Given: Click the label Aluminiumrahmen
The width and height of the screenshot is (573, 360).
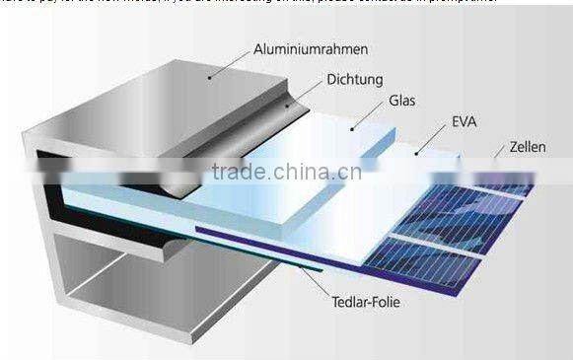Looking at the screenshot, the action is click(x=296, y=47).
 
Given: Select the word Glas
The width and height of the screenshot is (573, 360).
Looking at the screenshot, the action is click(x=402, y=100).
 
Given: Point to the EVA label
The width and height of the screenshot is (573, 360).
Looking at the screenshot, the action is click(x=465, y=122).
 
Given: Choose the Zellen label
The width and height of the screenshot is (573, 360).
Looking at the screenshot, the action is click(x=528, y=147).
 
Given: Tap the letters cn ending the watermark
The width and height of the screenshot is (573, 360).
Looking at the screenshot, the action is click(x=350, y=176).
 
